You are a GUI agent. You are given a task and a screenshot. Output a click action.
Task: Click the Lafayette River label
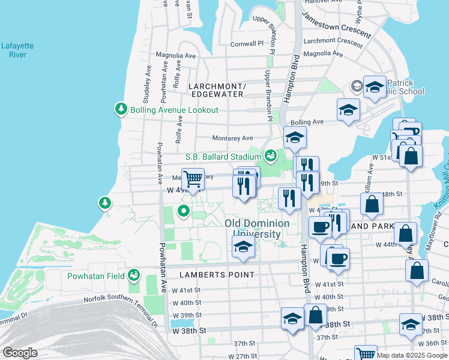tap(17, 50)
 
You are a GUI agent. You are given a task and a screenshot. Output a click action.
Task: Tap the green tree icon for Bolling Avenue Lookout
tap(121, 109)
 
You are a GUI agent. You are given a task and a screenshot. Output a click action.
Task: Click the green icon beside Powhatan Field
tap(133, 275)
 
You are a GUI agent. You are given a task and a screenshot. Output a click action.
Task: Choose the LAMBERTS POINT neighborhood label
tap(217, 274)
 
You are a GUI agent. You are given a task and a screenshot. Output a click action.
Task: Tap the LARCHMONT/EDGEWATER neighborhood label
tap(216, 90)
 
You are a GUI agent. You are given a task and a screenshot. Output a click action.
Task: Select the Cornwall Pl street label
tap(247, 44)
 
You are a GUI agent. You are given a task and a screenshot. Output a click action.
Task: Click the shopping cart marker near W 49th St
tap(193, 179)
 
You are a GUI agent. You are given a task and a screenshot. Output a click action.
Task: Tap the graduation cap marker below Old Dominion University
tap(243, 247)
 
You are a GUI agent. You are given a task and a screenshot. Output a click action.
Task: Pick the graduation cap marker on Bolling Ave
tap(348, 110)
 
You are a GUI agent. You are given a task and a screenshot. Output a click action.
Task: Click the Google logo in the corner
tap(20, 353)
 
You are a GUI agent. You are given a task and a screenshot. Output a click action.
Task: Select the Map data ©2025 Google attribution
tap(412, 355)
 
